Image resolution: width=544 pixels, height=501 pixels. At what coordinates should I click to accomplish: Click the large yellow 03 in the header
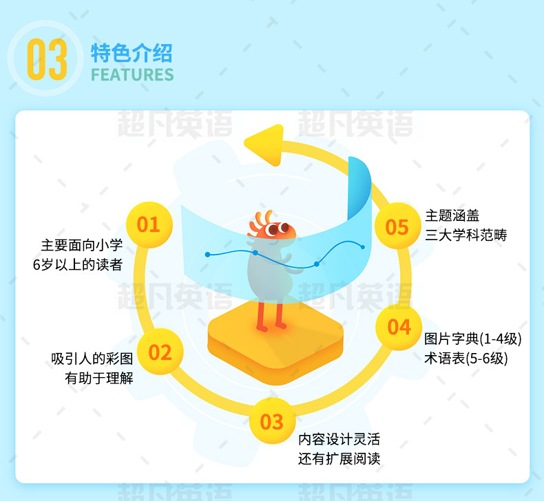point(47,60)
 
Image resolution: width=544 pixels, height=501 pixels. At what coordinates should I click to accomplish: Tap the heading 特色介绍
point(132,52)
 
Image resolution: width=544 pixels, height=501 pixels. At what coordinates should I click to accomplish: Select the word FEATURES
point(132,74)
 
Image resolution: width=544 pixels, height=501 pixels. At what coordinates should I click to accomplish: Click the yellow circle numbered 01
point(148,224)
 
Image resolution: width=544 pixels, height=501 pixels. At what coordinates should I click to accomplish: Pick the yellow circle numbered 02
point(160,352)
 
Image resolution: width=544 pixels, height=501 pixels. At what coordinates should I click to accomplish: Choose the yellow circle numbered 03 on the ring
point(271,421)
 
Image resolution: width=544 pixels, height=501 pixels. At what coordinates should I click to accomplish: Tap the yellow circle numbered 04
point(399,327)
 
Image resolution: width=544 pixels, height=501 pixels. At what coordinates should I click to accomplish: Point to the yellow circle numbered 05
point(397,226)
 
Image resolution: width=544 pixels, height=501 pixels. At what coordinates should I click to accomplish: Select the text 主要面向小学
point(81,245)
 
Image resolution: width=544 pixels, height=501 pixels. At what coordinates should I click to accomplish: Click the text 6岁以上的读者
point(77,264)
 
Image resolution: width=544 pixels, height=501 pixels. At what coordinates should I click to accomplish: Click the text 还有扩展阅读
point(339,459)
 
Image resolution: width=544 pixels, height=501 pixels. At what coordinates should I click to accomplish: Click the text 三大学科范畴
point(466,235)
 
